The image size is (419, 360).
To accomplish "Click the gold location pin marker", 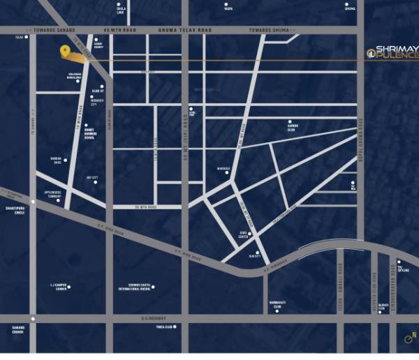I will [x=65, y=52].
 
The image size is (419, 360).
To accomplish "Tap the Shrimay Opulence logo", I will [x=393, y=52].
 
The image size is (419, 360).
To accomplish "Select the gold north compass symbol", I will [x=409, y=340].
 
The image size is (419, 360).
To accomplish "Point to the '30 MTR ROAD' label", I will [x=146, y=207].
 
